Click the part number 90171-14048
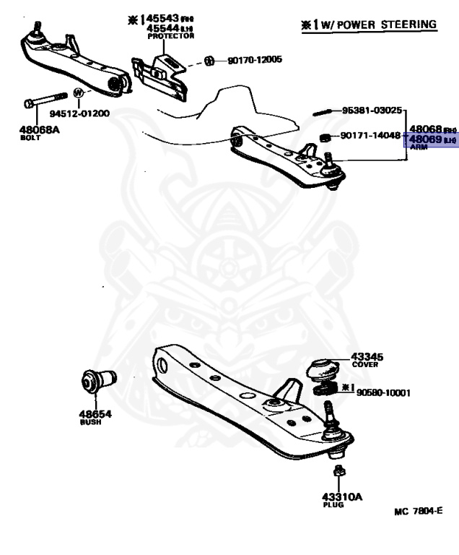click(x=370, y=135)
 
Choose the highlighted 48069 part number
click(x=425, y=139)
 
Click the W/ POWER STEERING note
click(x=370, y=25)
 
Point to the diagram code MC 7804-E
click(x=418, y=512)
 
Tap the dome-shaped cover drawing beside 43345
click(x=323, y=369)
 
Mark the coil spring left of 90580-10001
click(x=325, y=392)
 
